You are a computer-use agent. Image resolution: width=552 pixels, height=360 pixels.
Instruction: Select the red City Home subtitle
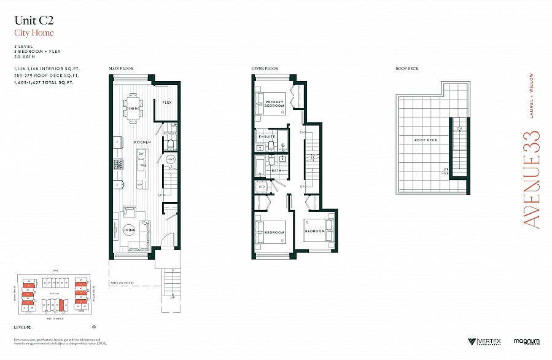pyautogui.click(x=34, y=33)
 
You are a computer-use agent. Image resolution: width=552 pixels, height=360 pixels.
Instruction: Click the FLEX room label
pyautogui.click(x=166, y=102)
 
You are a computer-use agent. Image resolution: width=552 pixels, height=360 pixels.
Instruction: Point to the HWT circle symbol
pyautogui.click(x=171, y=159)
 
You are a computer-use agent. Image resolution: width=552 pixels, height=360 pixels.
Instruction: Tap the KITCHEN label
pyautogui.click(x=143, y=143)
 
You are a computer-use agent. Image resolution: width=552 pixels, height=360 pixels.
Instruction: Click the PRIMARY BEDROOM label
pyautogui.click(x=274, y=104)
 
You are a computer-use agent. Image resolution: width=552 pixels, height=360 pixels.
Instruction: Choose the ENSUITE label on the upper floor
pyautogui.click(x=267, y=136)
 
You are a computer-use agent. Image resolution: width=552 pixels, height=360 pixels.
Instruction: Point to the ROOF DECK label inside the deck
pyautogui.click(x=425, y=140)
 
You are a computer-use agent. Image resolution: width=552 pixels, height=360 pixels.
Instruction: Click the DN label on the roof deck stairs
pyautogui.click(x=459, y=128)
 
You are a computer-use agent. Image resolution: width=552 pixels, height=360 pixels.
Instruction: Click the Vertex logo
pyautogui.click(x=484, y=341)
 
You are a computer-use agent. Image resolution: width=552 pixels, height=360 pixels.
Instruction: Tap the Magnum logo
pyautogui.click(x=526, y=341)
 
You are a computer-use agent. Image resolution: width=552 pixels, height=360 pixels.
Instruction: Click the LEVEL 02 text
pyautogui.click(x=22, y=326)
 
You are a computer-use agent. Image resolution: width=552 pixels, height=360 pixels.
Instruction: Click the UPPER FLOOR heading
pyautogui.click(x=265, y=68)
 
